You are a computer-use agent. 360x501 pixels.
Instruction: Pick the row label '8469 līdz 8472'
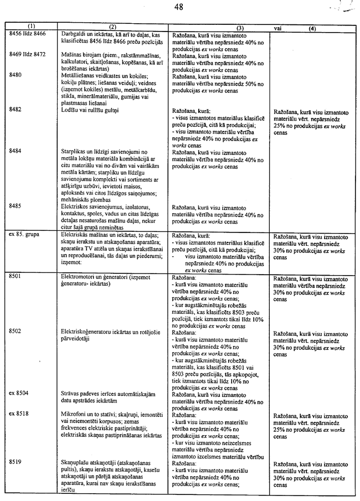coord(27,55)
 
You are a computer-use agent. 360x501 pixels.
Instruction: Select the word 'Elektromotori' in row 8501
coord(78,277)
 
